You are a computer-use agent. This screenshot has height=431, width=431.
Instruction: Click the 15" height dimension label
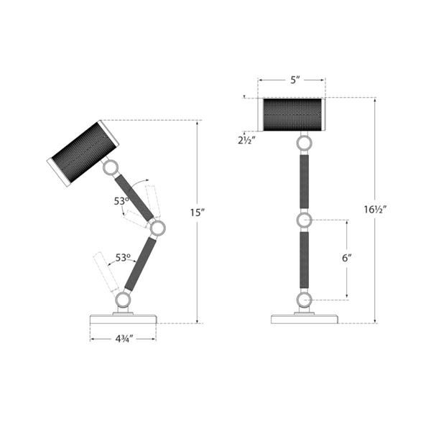(x=198, y=213)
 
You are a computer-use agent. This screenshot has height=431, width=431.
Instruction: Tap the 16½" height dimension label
(x=376, y=210)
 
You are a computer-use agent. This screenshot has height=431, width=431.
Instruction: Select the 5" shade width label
(x=295, y=80)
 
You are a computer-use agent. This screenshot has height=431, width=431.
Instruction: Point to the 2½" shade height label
(x=247, y=141)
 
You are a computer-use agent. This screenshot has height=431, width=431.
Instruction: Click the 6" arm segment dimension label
(x=347, y=259)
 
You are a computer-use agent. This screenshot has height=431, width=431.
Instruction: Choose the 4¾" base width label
(x=124, y=339)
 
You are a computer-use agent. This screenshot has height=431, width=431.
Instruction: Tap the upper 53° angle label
(x=121, y=201)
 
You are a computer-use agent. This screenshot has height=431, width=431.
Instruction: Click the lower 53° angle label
(x=123, y=258)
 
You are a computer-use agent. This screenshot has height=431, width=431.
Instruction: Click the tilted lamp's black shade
(x=82, y=152)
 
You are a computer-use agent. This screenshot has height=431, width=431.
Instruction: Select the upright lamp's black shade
(x=292, y=115)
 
